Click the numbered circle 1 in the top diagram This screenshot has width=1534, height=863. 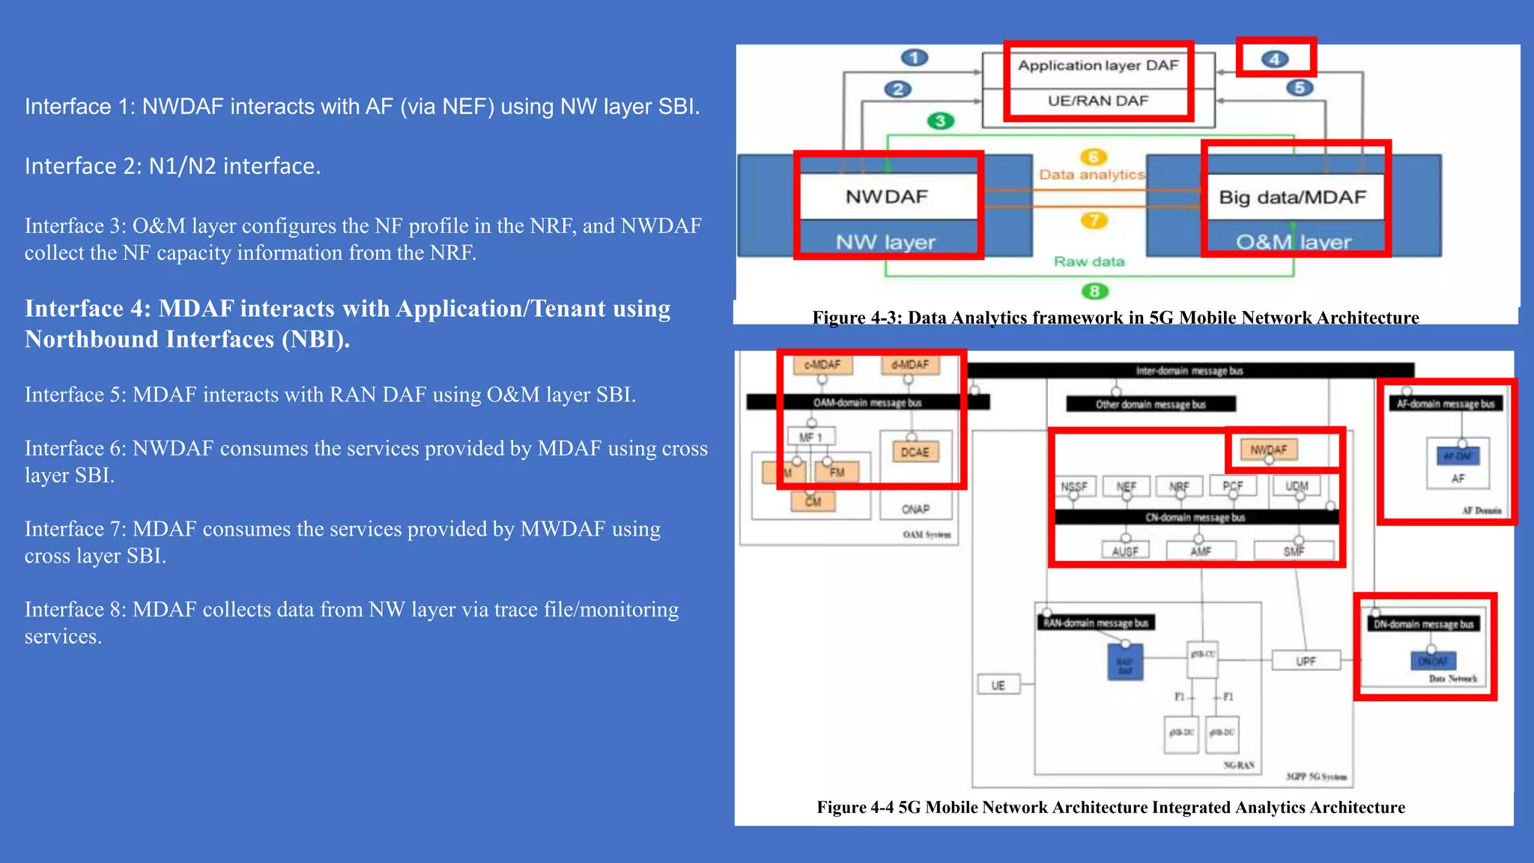914,58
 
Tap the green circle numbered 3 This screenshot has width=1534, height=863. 940,121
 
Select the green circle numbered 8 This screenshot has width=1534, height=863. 1094,291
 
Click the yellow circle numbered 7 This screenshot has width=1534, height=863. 1094,220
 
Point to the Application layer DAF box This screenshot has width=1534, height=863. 1098,66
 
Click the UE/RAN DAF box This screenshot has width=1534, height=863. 1098,101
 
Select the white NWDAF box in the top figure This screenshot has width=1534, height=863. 887,197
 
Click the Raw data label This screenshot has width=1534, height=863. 1089,261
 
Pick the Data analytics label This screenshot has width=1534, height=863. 1091,175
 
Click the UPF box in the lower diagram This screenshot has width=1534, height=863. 1306,661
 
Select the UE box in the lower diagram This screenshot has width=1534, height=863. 998,685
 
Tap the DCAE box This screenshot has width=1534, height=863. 915,452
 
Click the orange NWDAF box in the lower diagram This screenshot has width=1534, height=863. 1268,449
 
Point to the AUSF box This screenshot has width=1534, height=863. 1125,551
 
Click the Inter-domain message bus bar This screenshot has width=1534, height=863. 1189,371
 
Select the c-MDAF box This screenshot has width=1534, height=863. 822,365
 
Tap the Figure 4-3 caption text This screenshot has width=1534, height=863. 1115,318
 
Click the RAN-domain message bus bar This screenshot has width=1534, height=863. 1096,623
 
